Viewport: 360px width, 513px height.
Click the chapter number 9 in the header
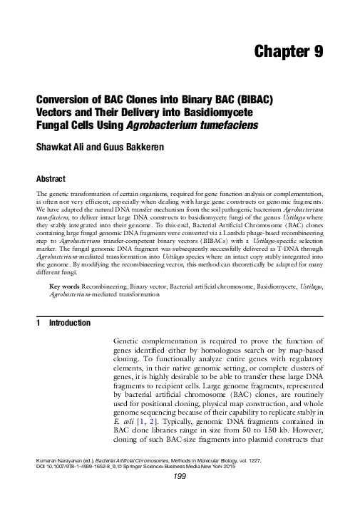click(x=319, y=52)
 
